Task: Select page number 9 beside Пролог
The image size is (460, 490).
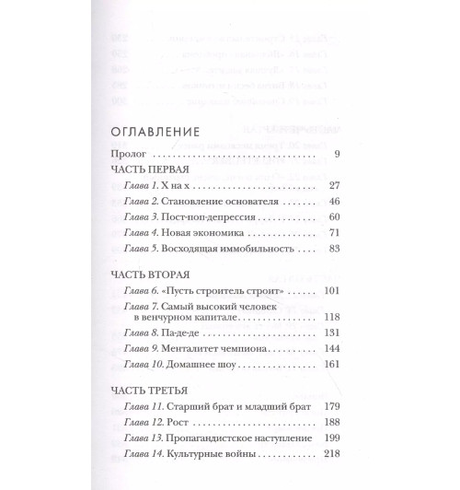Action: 338,153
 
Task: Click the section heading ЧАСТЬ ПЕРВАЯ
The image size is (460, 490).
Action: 149,170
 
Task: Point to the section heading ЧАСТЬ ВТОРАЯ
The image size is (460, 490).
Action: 150,274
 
